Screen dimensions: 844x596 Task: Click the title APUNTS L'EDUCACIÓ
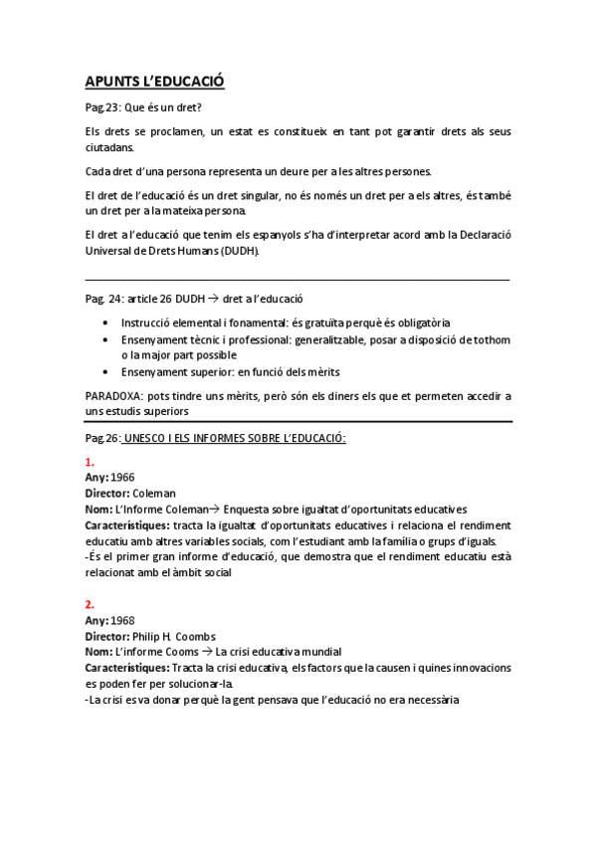coord(157,83)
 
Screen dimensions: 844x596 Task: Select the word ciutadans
coord(109,147)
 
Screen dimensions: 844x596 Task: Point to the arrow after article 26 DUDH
coord(213,299)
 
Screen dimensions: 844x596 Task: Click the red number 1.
coord(90,463)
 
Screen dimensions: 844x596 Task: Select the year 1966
coord(124,478)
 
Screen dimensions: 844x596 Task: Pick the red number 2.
coord(91,604)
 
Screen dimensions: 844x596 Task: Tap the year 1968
coord(124,620)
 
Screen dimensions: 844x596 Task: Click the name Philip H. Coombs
coord(174,636)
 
